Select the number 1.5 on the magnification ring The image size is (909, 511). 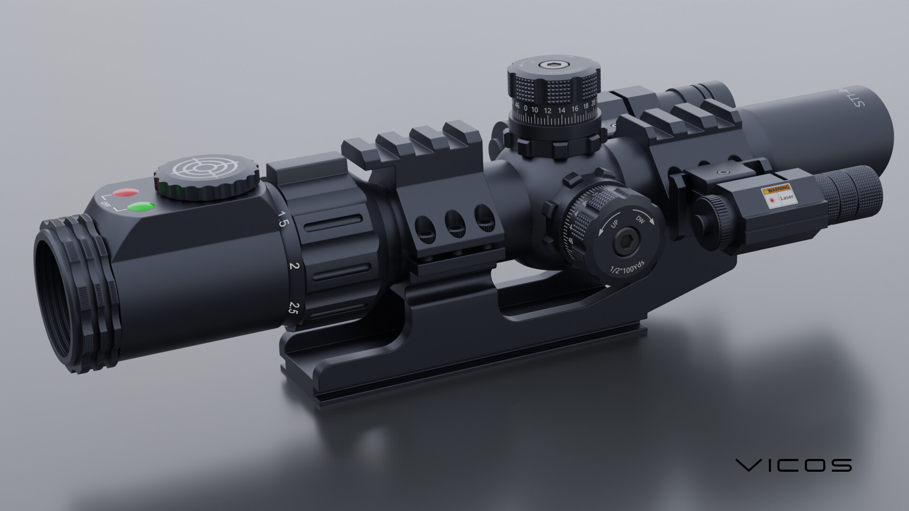[x=282, y=219]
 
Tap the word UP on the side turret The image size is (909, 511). [x=614, y=224]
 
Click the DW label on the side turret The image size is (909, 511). [x=641, y=220]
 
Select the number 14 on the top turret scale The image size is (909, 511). [x=561, y=111]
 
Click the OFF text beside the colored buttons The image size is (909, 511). [x=105, y=203]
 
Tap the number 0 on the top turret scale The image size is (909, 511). [x=525, y=108]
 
